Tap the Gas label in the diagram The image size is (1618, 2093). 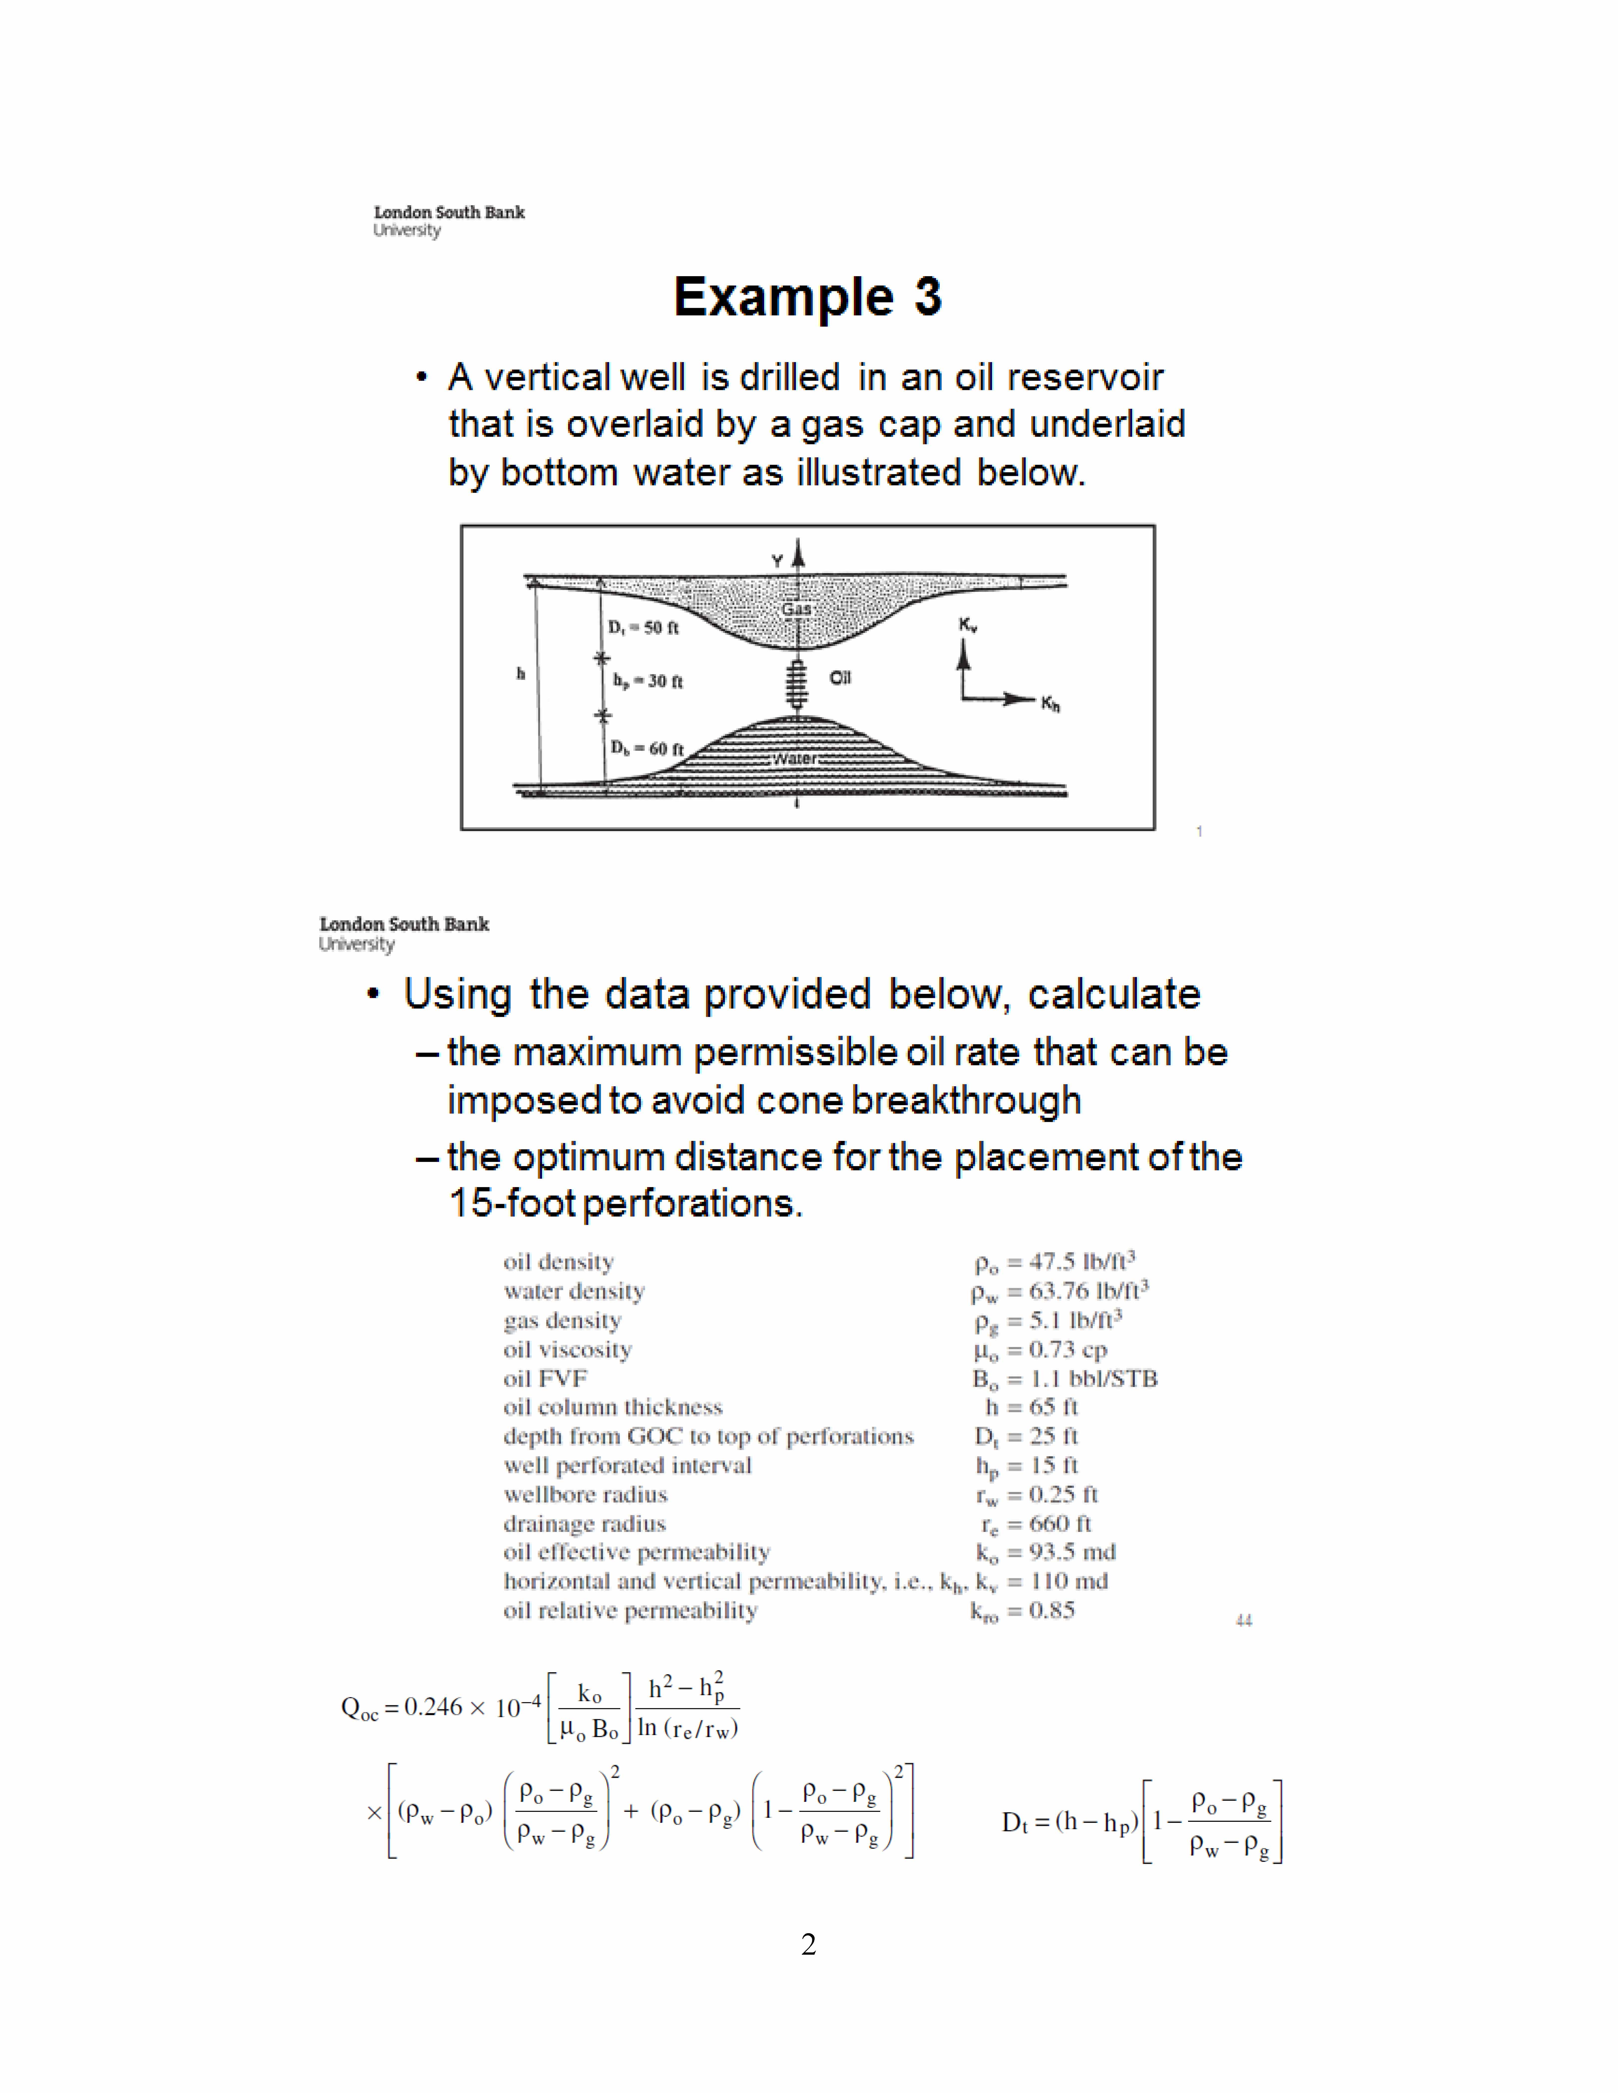(x=796, y=609)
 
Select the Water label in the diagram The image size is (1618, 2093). (x=795, y=758)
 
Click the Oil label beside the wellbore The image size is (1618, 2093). (x=840, y=677)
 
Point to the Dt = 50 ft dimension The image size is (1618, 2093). (x=643, y=628)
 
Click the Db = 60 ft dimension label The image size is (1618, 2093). (x=647, y=748)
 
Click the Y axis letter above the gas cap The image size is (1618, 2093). (x=777, y=561)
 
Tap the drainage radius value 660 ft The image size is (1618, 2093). (x=1035, y=1524)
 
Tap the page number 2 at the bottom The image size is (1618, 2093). (x=808, y=1944)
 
